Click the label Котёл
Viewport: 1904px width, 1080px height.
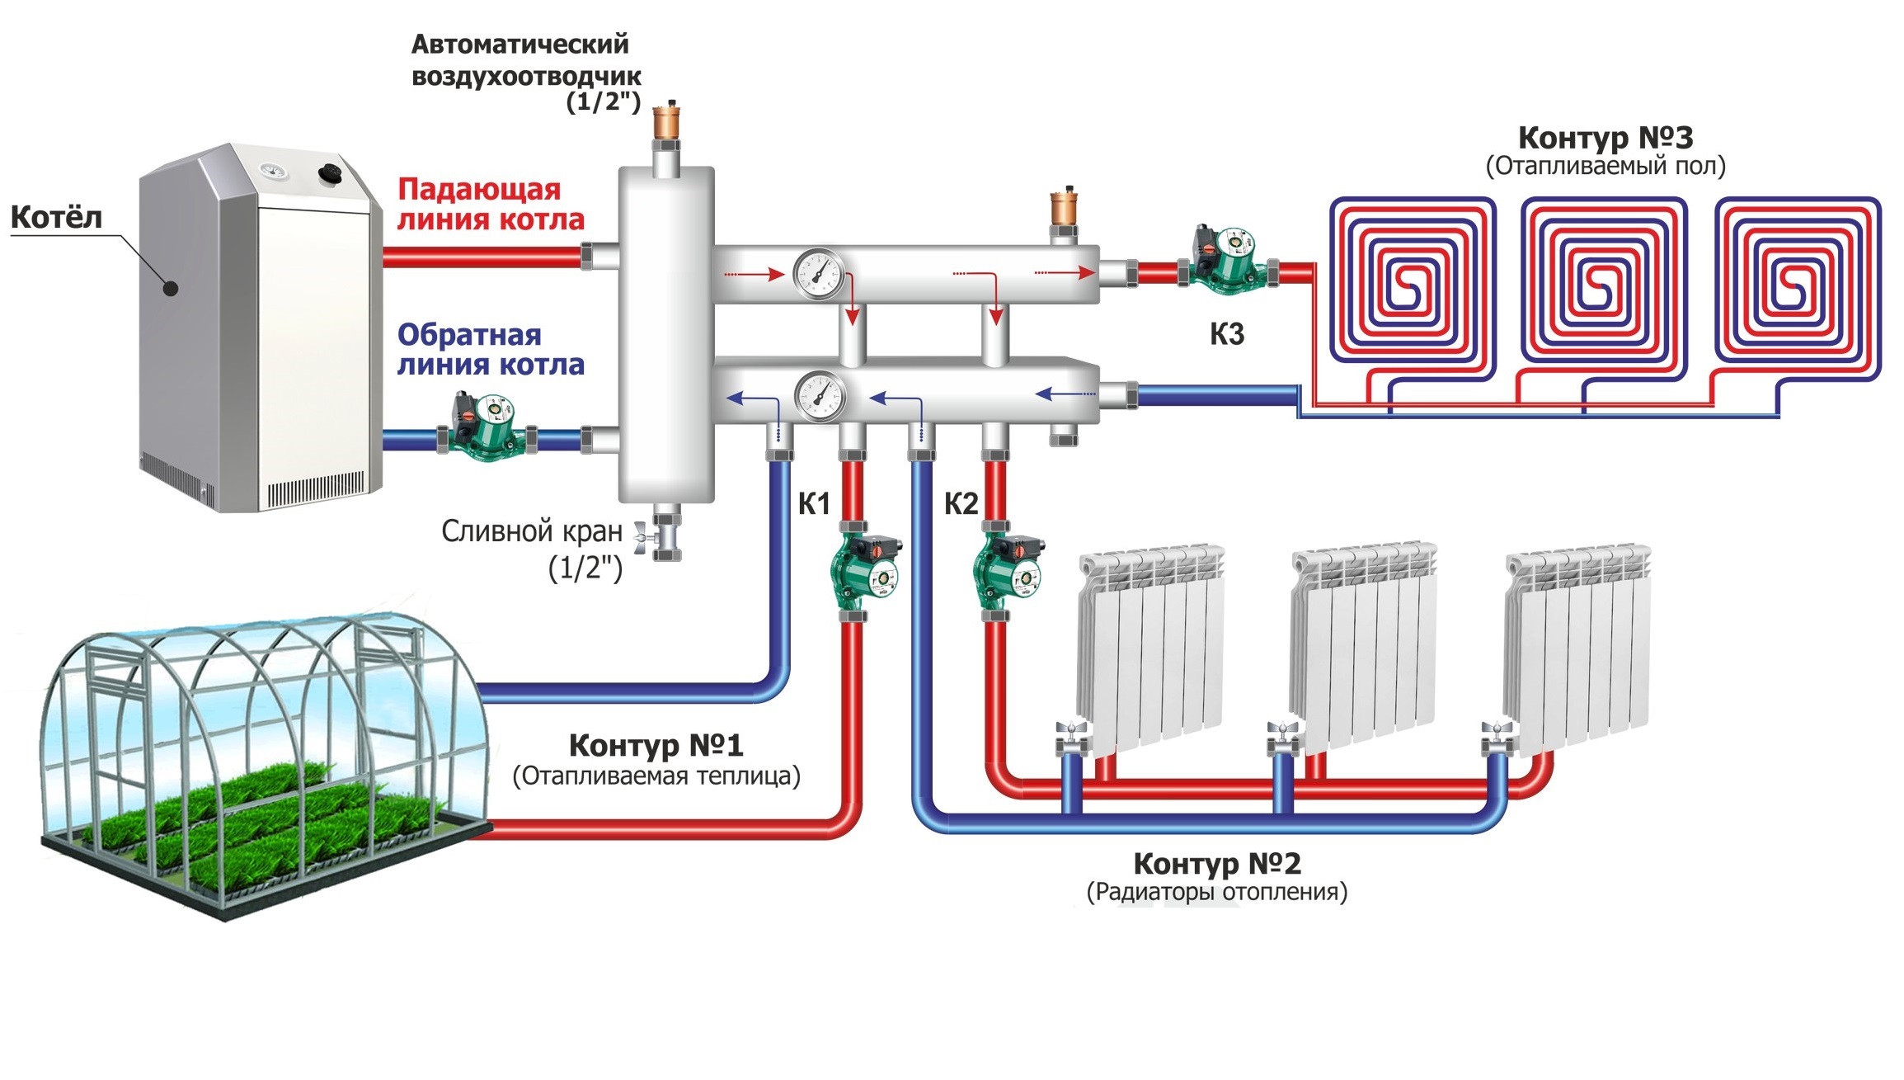pos(56,218)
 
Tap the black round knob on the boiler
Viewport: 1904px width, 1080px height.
pos(331,174)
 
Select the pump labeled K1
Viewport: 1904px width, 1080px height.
pos(863,570)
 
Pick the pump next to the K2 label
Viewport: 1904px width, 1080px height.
pos(1008,570)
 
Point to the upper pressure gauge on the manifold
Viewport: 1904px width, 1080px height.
pos(819,275)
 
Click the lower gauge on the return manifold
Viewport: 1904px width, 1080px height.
pos(820,397)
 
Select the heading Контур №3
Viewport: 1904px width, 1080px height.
pos(1605,138)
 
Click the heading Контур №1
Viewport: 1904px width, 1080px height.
pos(656,746)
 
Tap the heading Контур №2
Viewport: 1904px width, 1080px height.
pos(1217,864)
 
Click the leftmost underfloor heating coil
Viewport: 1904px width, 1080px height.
pos(1411,281)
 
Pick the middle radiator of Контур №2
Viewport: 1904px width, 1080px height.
pos(1362,644)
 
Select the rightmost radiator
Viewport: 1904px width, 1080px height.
pos(1577,644)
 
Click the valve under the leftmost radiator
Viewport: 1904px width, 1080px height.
pos(1072,737)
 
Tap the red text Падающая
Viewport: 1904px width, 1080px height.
pos(479,190)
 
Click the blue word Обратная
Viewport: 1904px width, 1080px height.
pos(469,335)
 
